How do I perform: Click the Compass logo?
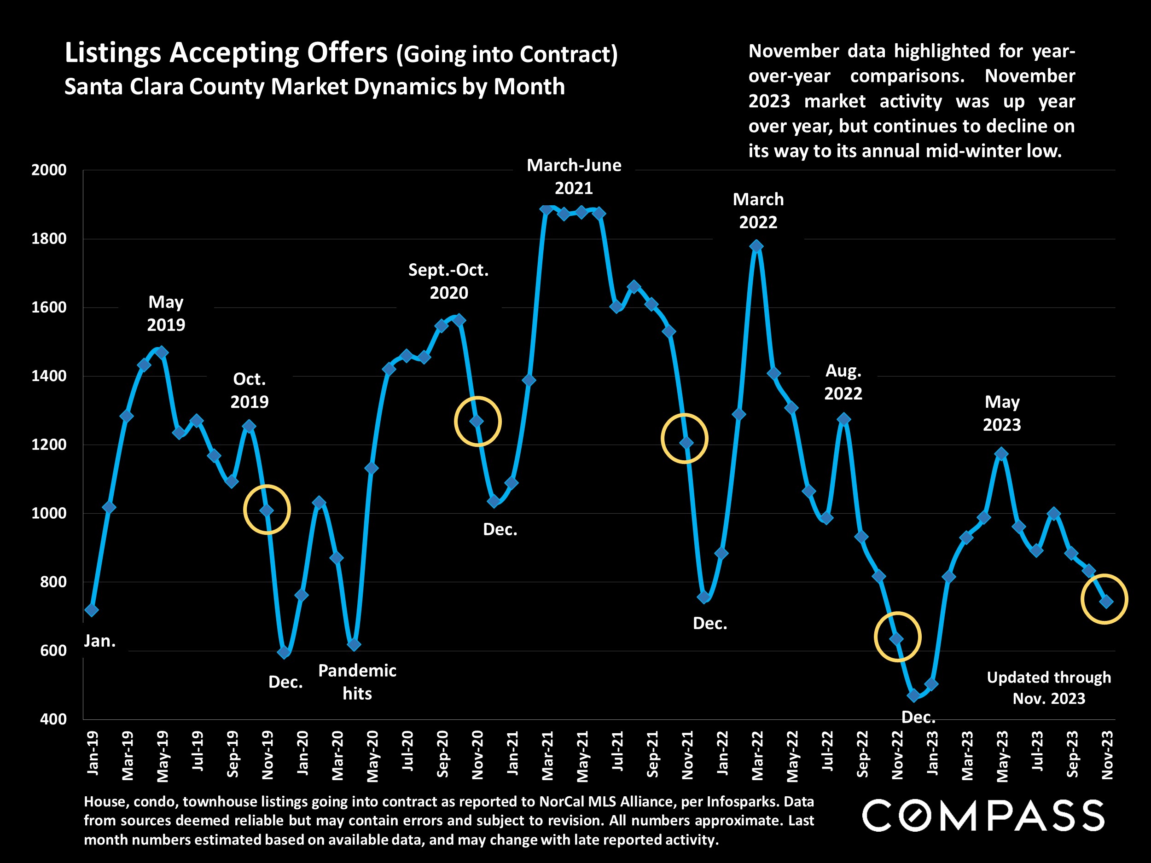click(x=983, y=816)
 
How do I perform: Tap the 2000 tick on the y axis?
click(x=49, y=170)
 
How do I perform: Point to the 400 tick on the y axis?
click(x=53, y=719)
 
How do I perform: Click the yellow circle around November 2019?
click(x=267, y=510)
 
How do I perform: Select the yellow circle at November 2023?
click(x=1104, y=599)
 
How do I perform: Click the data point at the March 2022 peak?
click(x=756, y=246)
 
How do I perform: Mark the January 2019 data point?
click(x=92, y=610)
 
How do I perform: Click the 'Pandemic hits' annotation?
click(x=357, y=682)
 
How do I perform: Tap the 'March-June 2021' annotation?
click(x=574, y=176)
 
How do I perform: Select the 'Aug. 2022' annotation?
click(x=843, y=382)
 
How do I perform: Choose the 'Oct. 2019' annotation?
click(x=249, y=390)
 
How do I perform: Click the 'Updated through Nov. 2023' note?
click(x=1048, y=688)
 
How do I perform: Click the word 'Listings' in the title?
click(x=113, y=53)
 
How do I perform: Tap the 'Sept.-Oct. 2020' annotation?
click(x=448, y=281)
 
